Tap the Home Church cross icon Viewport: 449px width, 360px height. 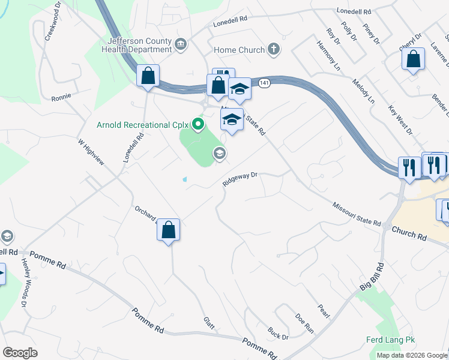(x=273, y=50)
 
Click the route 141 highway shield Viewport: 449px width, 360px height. (x=264, y=82)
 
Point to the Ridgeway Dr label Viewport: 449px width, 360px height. (x=240, y=179)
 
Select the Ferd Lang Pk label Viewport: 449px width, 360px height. (x=391, y=340)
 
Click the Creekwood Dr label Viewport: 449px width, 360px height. (x=53, y=25)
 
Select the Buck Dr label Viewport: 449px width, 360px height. (x=278, y=333)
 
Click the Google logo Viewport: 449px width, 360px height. (x=19, y=353)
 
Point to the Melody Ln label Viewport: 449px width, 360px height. (x=363, y=91)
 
